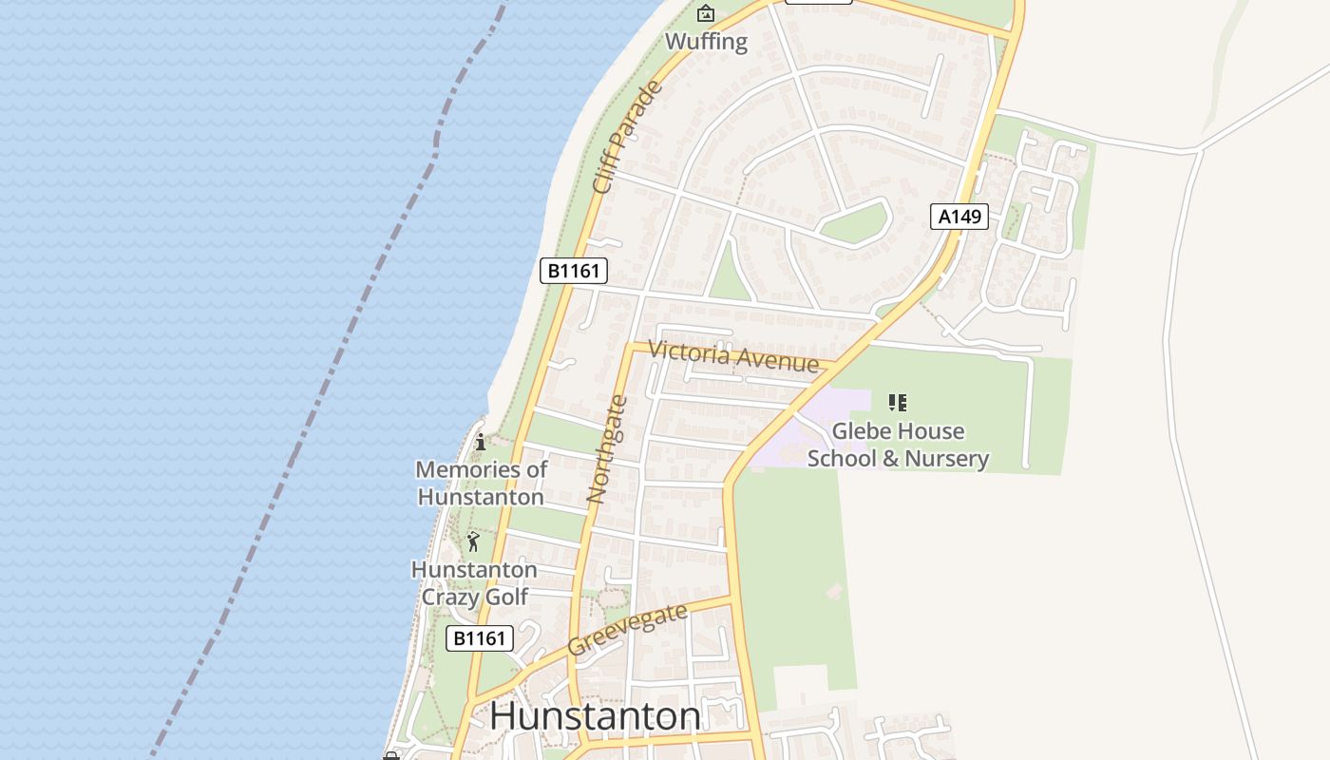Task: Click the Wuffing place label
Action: pos(706,42)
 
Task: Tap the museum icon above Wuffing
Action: pos(706,13)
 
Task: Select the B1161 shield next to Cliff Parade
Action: pos(574,271)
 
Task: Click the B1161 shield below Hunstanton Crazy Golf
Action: pos(480,638)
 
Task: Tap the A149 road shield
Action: pos(959,217)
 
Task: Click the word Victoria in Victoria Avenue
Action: pos(690,353)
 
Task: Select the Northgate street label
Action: pos(608,448)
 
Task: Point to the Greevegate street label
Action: pos(627,630)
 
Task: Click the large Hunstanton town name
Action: pos(596,715)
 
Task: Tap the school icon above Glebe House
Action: pos(898,403)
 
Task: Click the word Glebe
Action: pos(862,431)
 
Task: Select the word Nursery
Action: pos(946,459)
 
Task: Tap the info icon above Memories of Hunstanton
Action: pos(481,442)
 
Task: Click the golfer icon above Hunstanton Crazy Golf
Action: pos(473,541)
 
